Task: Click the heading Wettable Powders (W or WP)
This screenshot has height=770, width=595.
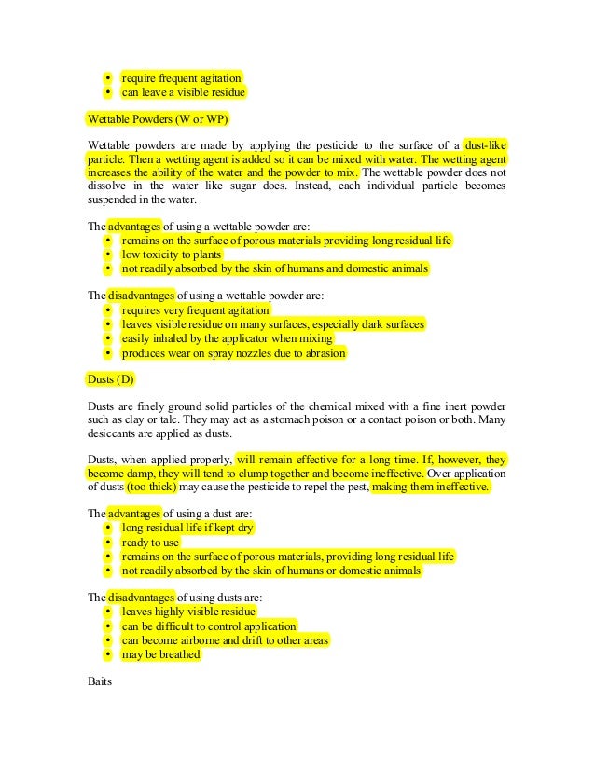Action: coord(157,120)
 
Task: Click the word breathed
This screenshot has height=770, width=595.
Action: coord(180,654)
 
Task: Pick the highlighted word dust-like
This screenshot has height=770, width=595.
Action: coord(486,144)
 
